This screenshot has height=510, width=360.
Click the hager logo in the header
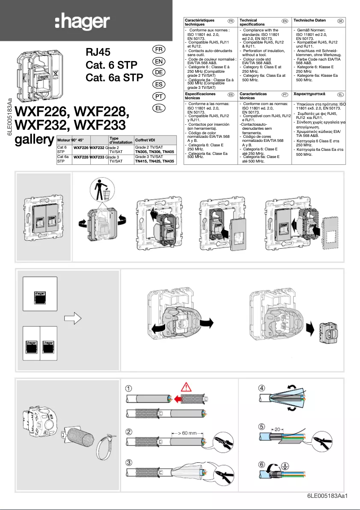coord(82,22)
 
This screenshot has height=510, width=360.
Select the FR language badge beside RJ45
coord(158,49)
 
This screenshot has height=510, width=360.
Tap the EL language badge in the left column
coord(158,108)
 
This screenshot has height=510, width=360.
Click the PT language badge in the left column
coord(158,97)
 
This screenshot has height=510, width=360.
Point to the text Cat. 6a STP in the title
coord(114,78)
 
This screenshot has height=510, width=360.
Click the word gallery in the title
coord(35,140)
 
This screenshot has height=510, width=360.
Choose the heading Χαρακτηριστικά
coord(309,94)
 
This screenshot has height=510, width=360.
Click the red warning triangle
coord(188,387)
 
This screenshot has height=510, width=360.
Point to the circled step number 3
coord(129,463)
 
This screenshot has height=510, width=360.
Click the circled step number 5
coord(262,426)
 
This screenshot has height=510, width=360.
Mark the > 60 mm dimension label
coord(184,433)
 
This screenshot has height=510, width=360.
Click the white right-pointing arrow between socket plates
coord(72,318)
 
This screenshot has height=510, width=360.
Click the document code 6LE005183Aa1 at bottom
coord(328,496)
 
